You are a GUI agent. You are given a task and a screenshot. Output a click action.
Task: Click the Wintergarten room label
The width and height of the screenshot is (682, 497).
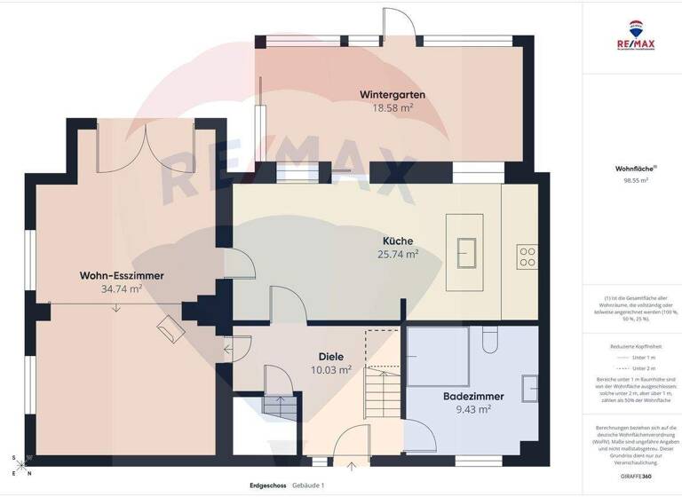pos(392,94)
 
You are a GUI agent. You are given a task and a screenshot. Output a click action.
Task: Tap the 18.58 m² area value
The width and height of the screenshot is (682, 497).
pos(392,107)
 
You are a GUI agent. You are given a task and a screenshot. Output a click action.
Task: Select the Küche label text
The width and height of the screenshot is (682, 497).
pos(397,241)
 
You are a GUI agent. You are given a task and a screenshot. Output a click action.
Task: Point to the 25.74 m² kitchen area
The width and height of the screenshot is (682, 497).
pos(397,254)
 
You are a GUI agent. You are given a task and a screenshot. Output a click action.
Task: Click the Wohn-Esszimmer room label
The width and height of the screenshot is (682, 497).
pos(122,275)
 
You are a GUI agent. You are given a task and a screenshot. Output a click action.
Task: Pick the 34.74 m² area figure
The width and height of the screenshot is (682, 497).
pos(122,289)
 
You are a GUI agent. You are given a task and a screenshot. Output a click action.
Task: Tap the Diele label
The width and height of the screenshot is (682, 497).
pos(330,356)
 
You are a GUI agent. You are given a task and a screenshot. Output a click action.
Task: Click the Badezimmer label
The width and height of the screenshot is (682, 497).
pos(473,396)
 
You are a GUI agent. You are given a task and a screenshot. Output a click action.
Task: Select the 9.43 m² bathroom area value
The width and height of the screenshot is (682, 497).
pos(472,409)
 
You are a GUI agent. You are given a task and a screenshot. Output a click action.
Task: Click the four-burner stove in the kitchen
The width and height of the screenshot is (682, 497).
pos(527,256)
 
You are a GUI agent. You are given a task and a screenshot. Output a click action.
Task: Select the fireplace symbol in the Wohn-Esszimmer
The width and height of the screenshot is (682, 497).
pos(170,329)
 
